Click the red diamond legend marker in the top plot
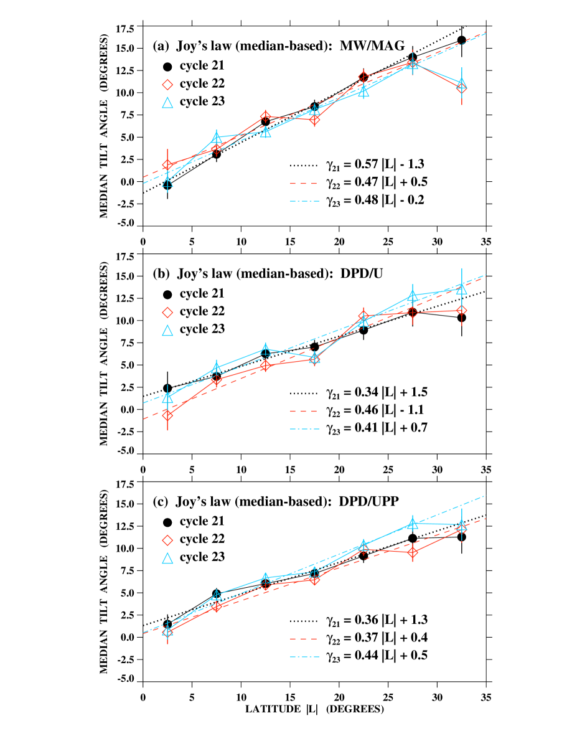click(167, 85)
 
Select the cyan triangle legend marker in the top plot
click(167, 103)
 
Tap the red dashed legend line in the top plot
click(304, 183)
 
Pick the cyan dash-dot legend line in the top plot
click(304, 201)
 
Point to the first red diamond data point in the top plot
click(167, 165)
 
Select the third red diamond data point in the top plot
click(266, 116)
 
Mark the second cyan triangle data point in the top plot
click(217, 137)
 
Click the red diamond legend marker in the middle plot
click(167, 313)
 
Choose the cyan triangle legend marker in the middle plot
click(167, 331)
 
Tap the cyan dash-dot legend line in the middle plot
click(304, 429)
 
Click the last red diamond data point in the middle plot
click(461, 310)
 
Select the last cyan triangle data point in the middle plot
click(461, 288)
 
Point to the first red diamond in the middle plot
click(167, 415)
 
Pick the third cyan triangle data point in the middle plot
click(266, 349)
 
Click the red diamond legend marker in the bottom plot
click(167, 540)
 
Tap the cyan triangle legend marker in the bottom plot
click(167, 559)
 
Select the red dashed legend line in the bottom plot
click(304, 639)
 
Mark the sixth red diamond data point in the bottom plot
click(412, 552)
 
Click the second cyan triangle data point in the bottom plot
click(217, 596)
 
